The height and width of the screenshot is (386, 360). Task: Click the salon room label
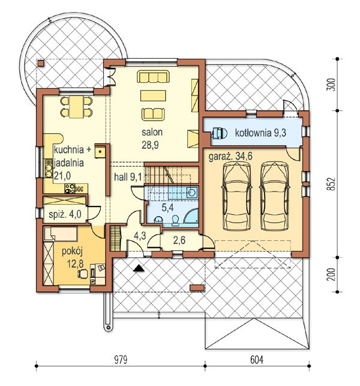point(152,132)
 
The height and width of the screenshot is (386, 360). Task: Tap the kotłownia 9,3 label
point(260,133)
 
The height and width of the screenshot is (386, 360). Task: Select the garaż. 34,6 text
point(230,156)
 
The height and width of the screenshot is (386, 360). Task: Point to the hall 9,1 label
point(128,176)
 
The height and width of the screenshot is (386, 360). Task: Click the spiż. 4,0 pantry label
point(65,214)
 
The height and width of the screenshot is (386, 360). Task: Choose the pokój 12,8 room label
point(72,258)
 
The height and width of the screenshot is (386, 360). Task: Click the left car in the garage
point(237,196)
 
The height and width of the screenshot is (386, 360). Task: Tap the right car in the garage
point(274,196)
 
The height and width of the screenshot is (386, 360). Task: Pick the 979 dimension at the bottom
point(121,360)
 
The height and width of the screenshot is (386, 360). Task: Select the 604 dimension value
point(257,360)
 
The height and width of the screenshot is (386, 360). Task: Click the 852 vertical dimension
point(332,184)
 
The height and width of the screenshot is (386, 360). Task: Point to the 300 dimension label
point(332,85)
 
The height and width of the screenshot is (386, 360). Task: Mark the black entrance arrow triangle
point(139,268)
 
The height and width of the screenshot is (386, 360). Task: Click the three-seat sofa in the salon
point(153,77)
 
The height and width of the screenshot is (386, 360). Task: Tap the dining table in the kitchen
point(76,107)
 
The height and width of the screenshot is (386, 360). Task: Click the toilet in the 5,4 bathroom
point(175,220)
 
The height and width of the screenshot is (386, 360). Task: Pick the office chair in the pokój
point(83,274)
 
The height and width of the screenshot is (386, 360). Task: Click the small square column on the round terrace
point(41,64)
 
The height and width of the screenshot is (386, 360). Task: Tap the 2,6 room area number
point(179,240)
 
